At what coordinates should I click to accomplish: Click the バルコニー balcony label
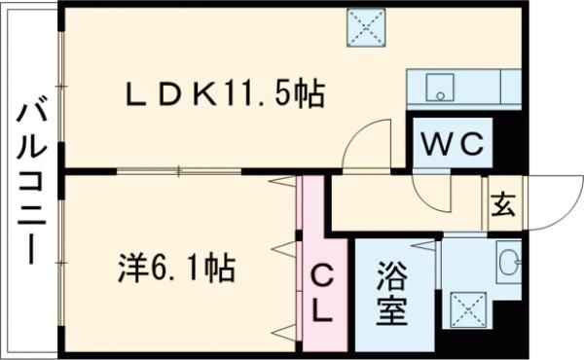[x=29, y=181]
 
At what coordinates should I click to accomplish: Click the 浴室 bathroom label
[x=391, y=292]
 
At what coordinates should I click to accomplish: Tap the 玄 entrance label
[x=502, y=206]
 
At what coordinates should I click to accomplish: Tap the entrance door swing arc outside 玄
[x=550, y=199]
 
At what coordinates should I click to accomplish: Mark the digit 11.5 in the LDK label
[x=256, y=94]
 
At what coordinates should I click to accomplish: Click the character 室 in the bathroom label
[x=391, y=311]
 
